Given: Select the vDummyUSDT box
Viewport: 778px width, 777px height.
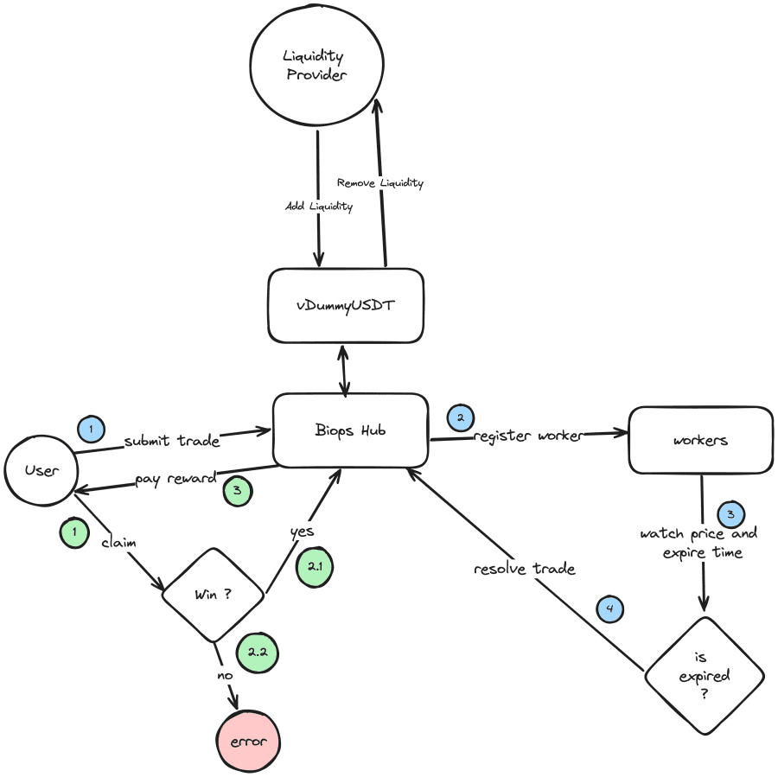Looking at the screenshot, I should (346, 305).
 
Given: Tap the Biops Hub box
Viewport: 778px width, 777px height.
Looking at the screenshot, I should (351, 430).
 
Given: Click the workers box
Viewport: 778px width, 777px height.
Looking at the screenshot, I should (700, 440).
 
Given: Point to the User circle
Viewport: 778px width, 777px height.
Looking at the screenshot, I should (41, 471).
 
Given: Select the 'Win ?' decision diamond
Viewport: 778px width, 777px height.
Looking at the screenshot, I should (215, 595).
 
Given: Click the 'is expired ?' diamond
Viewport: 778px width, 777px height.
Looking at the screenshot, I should (705, 676).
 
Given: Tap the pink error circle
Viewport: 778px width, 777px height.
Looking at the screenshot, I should (249, 742).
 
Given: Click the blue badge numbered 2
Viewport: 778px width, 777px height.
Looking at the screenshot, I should (460, 417).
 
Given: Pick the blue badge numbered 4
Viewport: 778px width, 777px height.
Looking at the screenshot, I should (610, 609).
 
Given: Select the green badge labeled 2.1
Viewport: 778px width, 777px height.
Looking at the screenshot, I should (314, 567).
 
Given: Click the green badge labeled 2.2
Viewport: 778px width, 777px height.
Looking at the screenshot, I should (257, 652).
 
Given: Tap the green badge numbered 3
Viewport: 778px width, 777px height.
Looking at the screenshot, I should (238, 491).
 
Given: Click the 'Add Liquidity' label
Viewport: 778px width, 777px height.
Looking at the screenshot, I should (319, 207).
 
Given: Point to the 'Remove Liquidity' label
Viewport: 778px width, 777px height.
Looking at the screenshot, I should (380, 183).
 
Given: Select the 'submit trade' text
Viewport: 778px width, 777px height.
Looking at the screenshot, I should (171, 441).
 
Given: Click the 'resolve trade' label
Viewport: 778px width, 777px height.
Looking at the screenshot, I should (525, 569).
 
